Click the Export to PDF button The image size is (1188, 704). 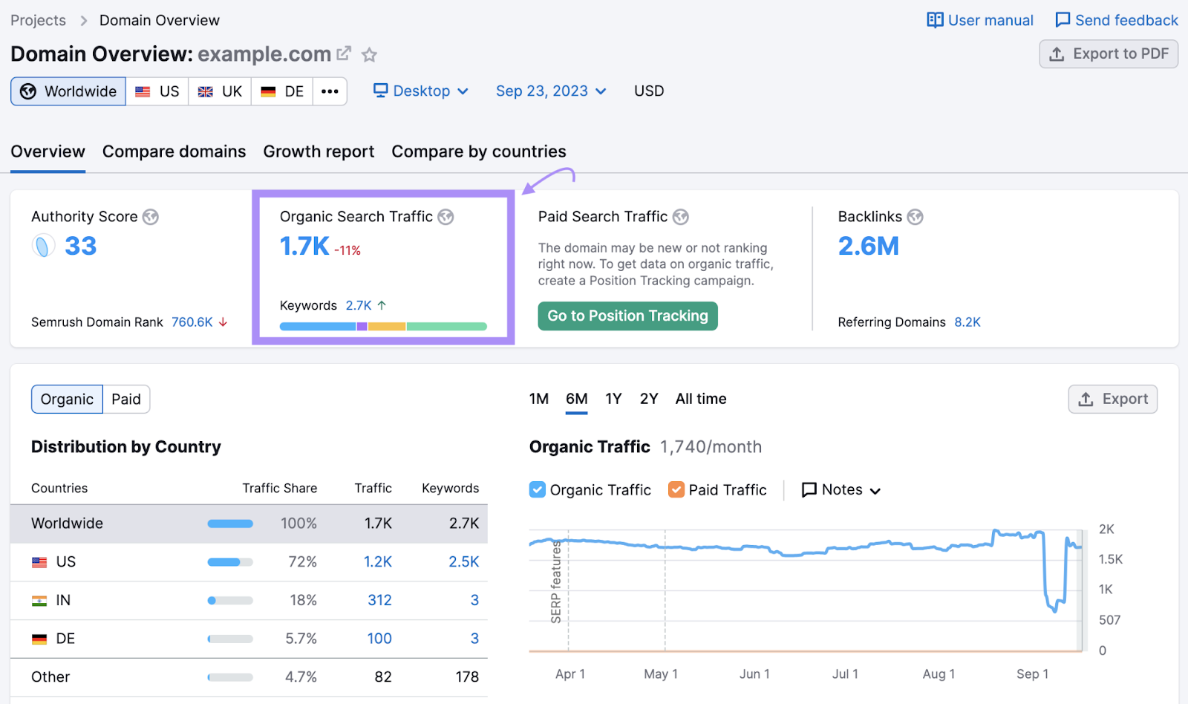(1109, 53)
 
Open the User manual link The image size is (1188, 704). (980, 20)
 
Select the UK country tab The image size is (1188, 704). (221, 91)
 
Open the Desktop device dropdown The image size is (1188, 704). (421, 91)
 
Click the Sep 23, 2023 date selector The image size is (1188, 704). (551, 91)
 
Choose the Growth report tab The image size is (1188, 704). (319, 151)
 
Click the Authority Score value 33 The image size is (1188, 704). (80, 246)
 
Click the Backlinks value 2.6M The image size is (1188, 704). (868, 246)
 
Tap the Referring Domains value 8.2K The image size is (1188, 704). (967, 322)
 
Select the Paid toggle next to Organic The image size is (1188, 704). (126, 400)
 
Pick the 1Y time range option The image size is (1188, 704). (613, 399)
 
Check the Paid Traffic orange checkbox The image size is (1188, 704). (676, 489)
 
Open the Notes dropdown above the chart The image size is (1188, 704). (841, 490)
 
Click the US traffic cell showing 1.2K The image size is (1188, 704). (377, 562)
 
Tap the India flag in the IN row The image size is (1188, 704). (39, 601)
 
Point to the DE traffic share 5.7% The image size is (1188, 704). (301, 639)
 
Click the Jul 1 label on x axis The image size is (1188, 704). (845, 674)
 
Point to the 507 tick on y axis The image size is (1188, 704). (1109, 620)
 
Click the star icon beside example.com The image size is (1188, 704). (369, 55)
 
